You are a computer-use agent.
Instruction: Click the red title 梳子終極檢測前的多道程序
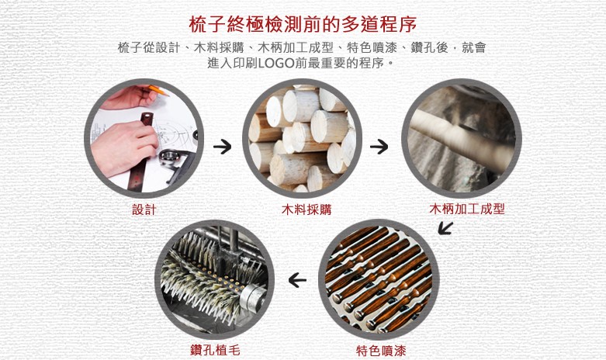pos(303,24)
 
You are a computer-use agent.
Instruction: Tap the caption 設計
pos(144,209)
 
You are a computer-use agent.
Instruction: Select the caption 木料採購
pos(306,209)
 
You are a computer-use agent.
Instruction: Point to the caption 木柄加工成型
pos(467,209)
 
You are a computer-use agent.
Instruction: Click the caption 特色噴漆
pos(381,351)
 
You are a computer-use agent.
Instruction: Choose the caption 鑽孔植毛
pos(215,350)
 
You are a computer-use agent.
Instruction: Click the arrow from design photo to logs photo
pos(222,147)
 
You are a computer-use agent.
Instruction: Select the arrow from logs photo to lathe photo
pos(379,147)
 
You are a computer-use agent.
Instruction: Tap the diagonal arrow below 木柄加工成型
pos(445,228)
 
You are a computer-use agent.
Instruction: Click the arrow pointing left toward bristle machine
pos(297,280)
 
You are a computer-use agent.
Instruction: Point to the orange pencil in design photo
pos(158,90)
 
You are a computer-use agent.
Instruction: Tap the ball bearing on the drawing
pos(168,157)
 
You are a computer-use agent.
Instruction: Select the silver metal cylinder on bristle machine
pos(252,298)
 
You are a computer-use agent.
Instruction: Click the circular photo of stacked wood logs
pos(303,138)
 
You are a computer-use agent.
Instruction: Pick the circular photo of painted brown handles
pos(379,279)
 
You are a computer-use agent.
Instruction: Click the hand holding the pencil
pos(127,96)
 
